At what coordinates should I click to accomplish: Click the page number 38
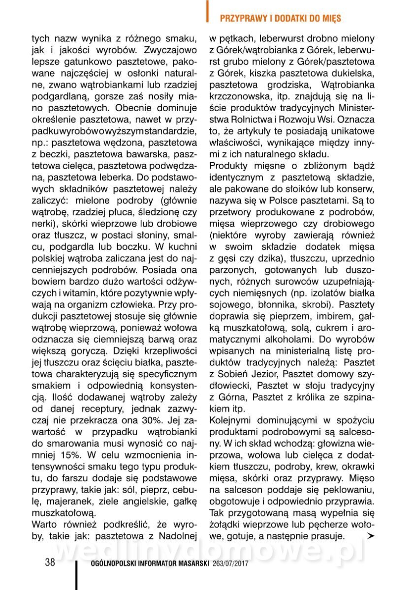[50, 562]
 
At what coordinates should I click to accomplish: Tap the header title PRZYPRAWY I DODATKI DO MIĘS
[281, 19]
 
